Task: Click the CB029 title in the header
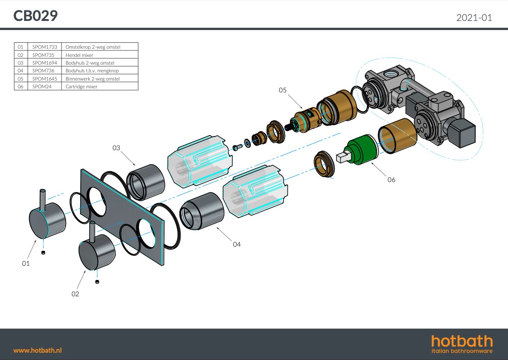pos(36,15)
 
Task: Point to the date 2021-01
pos(474,17)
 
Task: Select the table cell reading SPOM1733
pos(45,47)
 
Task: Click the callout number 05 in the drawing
pos(283,90)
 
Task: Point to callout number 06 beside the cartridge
pos(391,179)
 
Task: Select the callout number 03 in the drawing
pos(117,148)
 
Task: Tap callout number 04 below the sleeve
pos(237,244)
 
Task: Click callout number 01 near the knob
pos(26,264)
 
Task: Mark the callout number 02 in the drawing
pos(75,294)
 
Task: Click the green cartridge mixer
pos(361,149)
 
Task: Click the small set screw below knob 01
pos(43,253)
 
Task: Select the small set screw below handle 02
pos(97,282)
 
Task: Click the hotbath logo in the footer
pos(462,344)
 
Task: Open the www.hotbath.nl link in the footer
pos(38,350)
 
